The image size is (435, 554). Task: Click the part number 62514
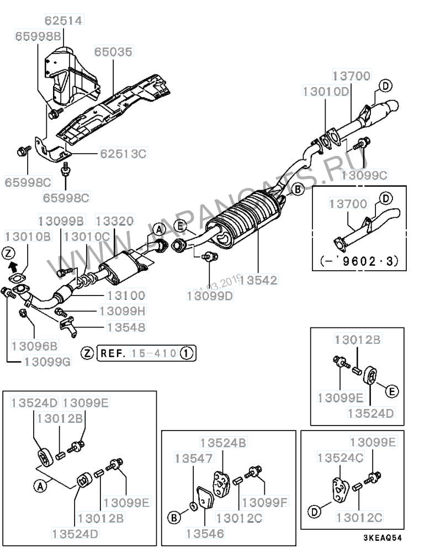point(63,20)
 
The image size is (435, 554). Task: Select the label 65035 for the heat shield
point(113,52)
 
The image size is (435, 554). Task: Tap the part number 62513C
point(123,154)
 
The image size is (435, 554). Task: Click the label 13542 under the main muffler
point(258,280)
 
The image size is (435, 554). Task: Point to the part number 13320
point(115,221)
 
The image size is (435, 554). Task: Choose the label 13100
point(126,295)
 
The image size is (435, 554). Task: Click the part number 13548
point(126,327)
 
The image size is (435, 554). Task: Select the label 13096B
point(34,346)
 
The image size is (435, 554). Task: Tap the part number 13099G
point(47,362)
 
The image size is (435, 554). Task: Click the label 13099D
point(210,295)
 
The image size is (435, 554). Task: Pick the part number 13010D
point(326,92)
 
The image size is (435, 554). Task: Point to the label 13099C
point(364,175)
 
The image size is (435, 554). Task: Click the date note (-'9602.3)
point(359,261)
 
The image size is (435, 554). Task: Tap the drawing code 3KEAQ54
point(383,538)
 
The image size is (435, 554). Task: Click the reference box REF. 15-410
point(146,353)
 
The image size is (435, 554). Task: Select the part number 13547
point(194,458)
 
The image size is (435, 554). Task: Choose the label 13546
point(205,533)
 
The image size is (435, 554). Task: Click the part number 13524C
point(340,458)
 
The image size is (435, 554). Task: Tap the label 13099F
point(265,502)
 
